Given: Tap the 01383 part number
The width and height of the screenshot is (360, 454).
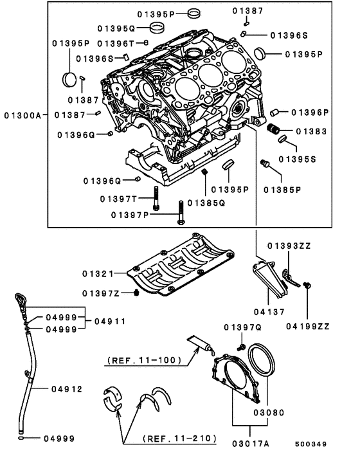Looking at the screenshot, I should (x=311, y=131).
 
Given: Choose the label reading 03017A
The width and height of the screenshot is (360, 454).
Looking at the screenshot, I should (x=251, y=442).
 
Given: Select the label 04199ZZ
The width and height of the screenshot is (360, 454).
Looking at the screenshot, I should (x=308, y=326).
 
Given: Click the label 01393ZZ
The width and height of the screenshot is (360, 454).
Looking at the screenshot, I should (x=288, y=246).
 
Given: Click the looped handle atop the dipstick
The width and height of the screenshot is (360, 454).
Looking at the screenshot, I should (x=17, y=300).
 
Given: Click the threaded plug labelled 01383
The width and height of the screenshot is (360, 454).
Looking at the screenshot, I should (x=274, y=129).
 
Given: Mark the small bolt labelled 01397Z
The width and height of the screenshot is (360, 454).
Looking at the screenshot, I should (x=136, y=294).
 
